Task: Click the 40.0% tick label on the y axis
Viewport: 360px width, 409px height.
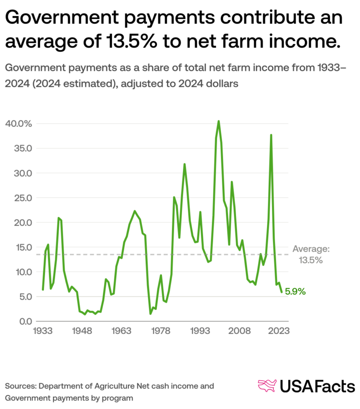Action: click(x=19, y=124)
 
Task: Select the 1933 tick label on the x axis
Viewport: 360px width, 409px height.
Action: click(x=43, y=332)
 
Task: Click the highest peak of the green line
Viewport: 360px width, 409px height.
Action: click(x=218, y=121)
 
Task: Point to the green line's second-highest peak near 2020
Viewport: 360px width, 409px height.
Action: click(x=271, y=135)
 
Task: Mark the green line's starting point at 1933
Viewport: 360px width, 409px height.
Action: click(x=43, y=289)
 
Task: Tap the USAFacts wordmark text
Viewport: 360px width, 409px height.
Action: click(x=317, y=387)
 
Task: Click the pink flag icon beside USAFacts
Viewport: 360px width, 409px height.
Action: click(x=267, y=386)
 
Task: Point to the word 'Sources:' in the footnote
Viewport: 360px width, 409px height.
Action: click(x=21, y=386)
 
